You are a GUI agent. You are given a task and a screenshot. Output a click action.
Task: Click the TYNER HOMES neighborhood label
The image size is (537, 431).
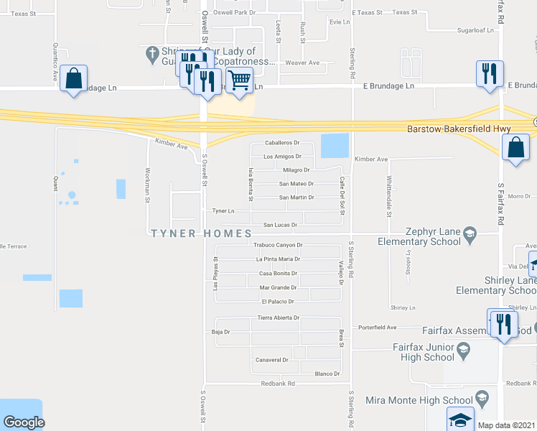click(x=201, y=233)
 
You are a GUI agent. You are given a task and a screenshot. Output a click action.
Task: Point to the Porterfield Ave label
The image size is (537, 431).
click(x=378, y=327)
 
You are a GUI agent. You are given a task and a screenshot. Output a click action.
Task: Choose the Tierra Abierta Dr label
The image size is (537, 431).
click(x=278, y=318)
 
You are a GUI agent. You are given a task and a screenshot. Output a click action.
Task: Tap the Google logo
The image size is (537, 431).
click(x=23, y=423)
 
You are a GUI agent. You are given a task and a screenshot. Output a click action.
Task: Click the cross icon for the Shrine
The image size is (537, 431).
click(x=151, y=53)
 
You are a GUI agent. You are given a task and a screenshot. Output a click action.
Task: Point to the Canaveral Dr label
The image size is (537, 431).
click(x=271, y=360)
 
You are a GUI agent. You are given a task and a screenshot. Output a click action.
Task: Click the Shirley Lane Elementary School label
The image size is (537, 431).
click(x=496, y=285)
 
